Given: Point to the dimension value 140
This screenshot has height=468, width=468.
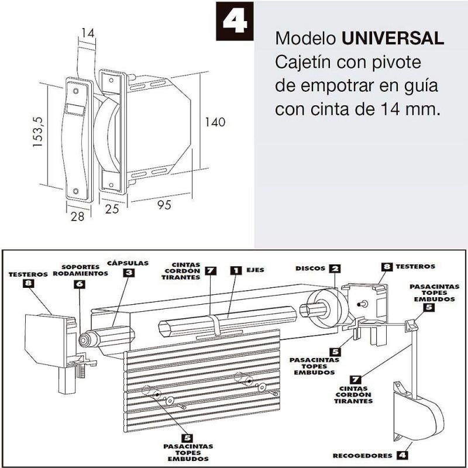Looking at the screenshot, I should click(215, 122).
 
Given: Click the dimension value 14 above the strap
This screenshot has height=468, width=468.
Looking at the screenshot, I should click(87, 33).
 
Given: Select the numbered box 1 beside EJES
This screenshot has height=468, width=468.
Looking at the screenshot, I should click(235, 270).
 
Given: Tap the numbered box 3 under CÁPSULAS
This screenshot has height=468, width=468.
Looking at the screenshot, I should click(129, 273).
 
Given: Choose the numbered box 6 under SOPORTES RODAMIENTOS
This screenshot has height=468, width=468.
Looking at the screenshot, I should click(80, 284).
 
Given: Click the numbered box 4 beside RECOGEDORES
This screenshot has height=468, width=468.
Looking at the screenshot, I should click(401, 455).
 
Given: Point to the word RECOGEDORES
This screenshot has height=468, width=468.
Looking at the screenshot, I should click(363, 455).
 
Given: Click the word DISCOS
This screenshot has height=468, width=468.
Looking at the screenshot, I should click(309, 269).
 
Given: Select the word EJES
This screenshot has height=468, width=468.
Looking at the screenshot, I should click(255, 270).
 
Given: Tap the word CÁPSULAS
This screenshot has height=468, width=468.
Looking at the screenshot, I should click(128, 263).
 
